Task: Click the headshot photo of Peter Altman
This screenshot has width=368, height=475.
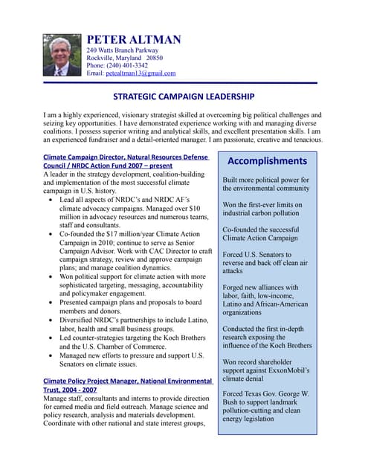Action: pos(62,54)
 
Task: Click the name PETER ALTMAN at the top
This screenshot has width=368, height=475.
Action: pos(133,39)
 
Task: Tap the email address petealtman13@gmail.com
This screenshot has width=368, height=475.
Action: pos(141,73)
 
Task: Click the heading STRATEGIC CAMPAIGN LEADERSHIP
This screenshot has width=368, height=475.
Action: pos(184,96)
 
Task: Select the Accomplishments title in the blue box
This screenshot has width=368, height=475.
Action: pos(267,160)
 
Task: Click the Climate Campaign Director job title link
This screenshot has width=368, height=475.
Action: pos(126,158)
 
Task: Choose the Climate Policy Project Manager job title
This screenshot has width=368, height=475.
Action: pos(126,379)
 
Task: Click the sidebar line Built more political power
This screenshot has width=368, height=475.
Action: pos(265,180)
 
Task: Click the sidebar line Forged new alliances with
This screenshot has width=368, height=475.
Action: pos(260,287)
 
